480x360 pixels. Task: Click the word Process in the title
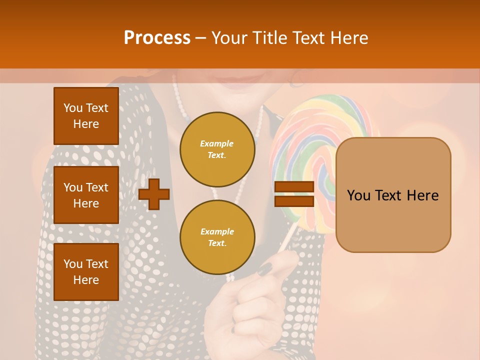157,38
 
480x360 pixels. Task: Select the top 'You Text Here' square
86,116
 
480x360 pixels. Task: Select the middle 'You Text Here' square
86,195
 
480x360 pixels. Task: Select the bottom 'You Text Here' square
86,272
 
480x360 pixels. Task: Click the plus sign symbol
154,194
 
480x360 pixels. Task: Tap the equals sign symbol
294,194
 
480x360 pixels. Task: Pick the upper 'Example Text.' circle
217,149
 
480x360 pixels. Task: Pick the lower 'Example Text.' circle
217,237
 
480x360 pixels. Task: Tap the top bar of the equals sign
294,187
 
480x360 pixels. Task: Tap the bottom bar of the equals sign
294,201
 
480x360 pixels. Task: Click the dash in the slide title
201,38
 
